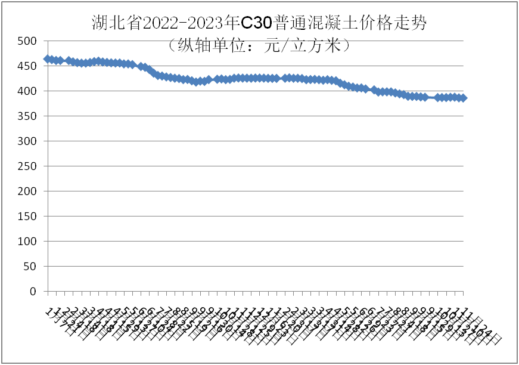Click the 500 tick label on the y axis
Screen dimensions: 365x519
[27, 41]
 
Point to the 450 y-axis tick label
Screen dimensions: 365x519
[27, 66]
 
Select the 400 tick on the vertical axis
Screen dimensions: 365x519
[27, 91]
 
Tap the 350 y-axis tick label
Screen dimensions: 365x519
[27, 116]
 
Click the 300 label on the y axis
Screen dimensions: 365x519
[27, 141]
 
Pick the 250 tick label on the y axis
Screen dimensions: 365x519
[27, 166]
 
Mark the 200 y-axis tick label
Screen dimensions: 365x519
[27, 191]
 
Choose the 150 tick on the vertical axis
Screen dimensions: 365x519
[27, 216]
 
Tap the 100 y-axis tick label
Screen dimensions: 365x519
[27, 242]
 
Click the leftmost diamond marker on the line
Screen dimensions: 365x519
[48, 59]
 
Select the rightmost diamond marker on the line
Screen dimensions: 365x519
[463, 98]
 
